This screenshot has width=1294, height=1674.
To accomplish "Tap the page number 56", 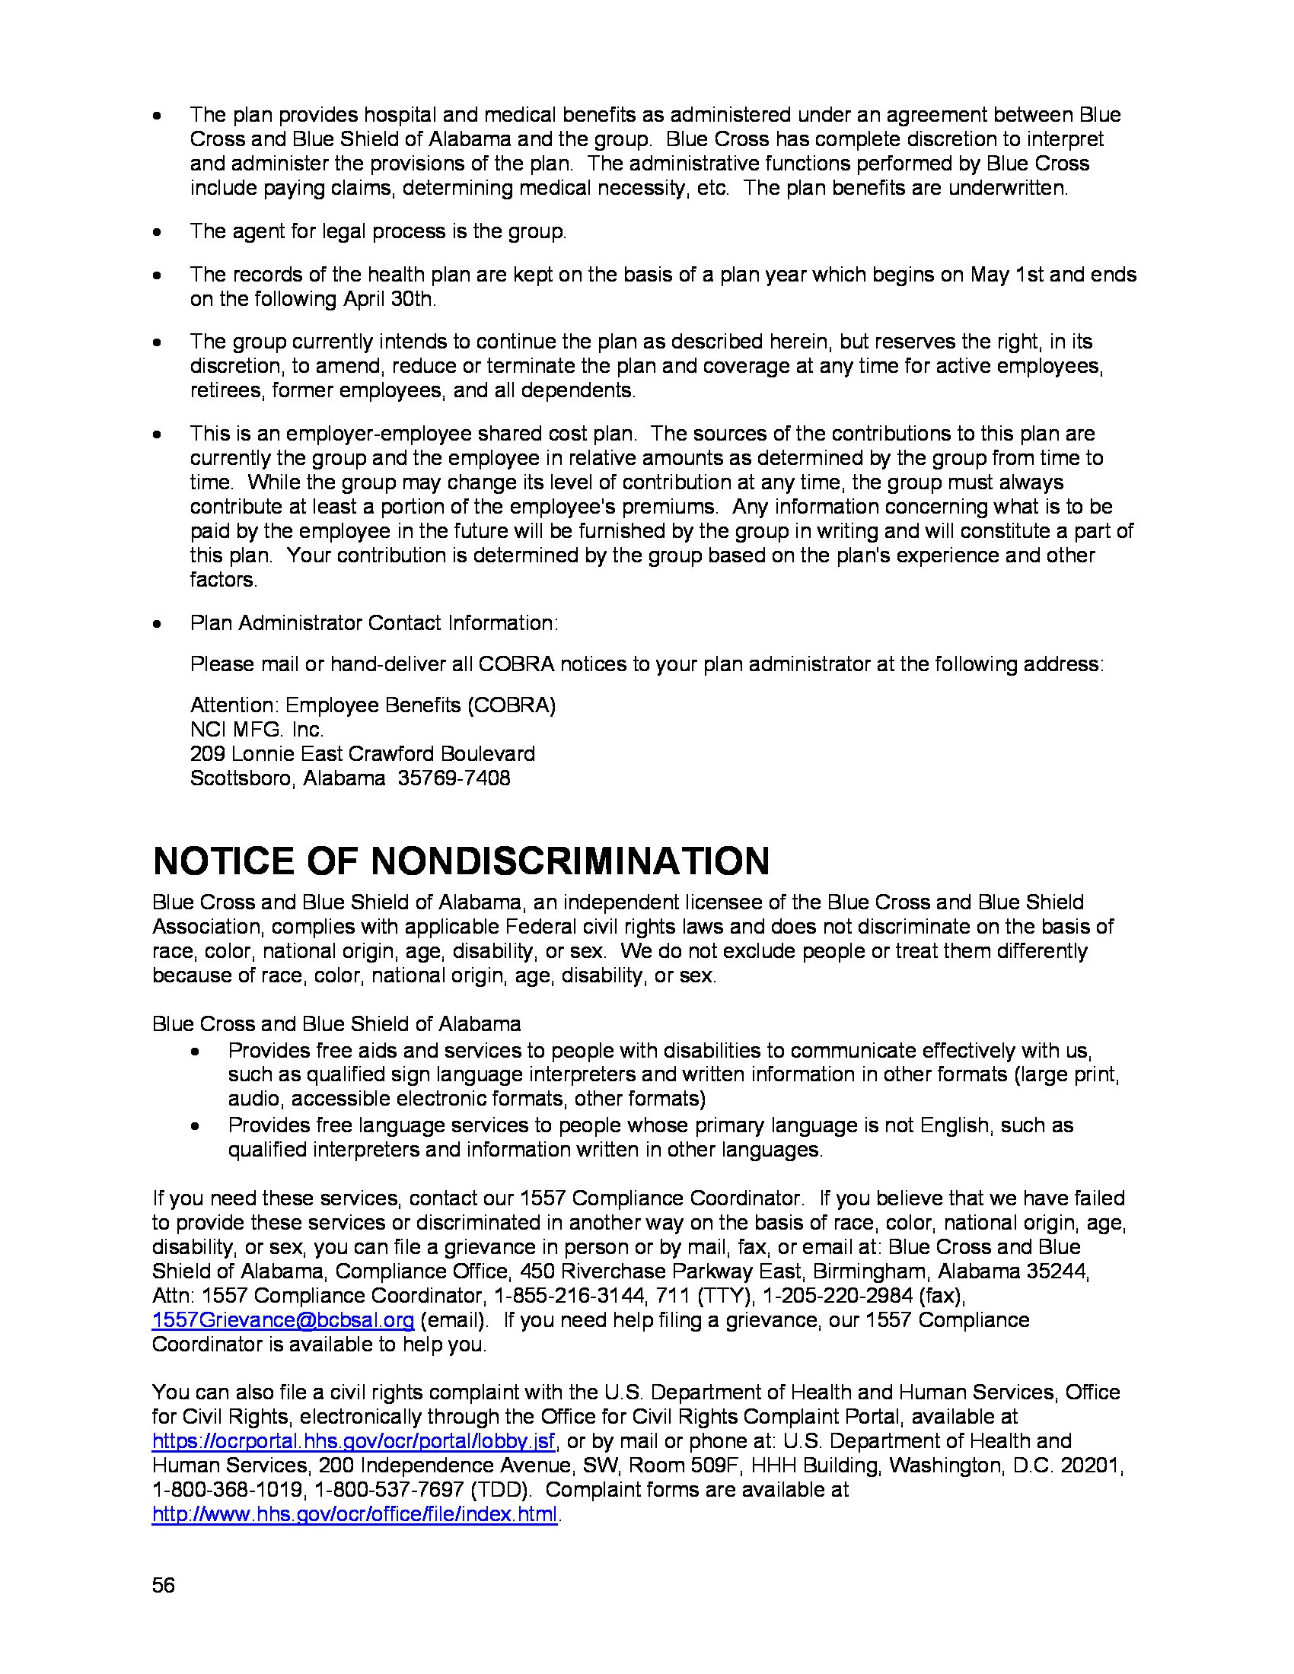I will click(x=164, y=1585).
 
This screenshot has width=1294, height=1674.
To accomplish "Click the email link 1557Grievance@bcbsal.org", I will click(x=283, y=1320).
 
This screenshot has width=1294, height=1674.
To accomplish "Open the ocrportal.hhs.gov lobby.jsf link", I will click(x=353, y=1441).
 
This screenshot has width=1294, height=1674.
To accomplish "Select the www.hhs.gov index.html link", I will click(x=354, y=1514).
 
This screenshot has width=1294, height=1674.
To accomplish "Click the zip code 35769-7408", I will click(x=453, y=778).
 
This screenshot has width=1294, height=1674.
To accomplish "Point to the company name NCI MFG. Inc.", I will click(x=257, y=730).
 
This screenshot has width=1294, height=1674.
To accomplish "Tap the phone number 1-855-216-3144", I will click(x=569, y=1295).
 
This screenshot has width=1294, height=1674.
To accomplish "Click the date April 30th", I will click(x=389, y=299).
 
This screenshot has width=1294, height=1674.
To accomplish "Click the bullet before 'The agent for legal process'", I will click(x=157, y=232).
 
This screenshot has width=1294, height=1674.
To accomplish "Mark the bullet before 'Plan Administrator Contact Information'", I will click(x=157, y=623).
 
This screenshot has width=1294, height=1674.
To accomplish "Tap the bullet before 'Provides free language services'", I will click(x=196, y=1126).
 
